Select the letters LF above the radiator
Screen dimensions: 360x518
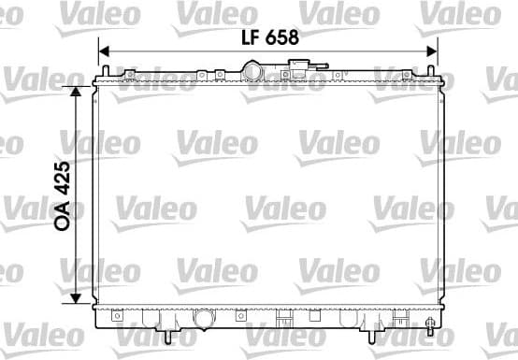coord(250,38)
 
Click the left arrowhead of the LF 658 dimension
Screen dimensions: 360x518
coord(104,51)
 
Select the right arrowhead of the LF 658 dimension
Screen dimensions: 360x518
coord(432,51)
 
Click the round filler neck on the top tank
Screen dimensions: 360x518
coord(254,71)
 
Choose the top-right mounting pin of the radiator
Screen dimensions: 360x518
coord(433,73)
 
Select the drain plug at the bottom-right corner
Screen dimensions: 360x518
coord(430,327)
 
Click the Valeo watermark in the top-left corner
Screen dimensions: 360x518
coord(25,14)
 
